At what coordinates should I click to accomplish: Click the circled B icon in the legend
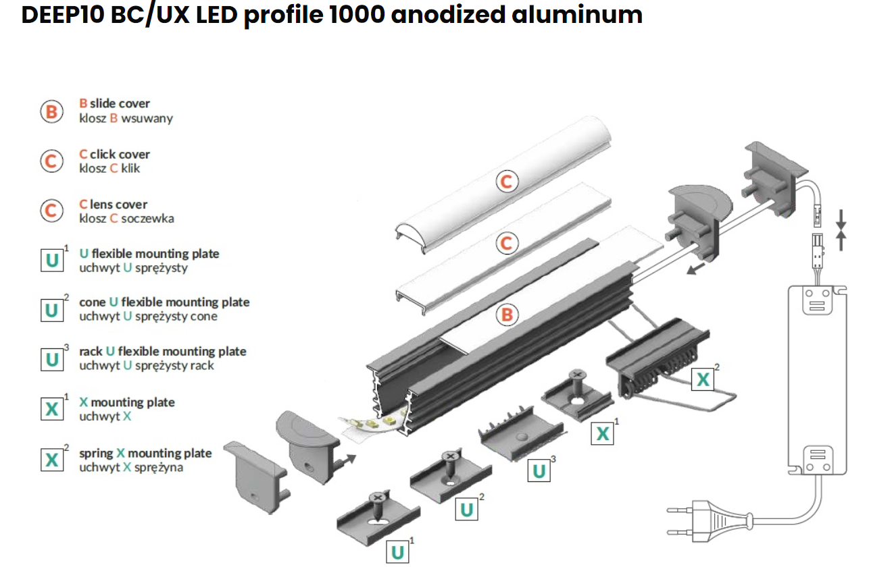51,111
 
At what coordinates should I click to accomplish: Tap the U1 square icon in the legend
51,261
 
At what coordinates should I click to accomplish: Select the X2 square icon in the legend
51,460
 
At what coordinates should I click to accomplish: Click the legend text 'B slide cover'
114,103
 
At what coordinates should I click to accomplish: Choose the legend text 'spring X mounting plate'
145,453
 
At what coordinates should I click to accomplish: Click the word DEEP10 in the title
60,14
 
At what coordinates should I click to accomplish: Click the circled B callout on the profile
506,315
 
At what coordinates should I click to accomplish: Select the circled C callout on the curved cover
506,181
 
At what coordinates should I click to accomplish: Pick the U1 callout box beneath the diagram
398,552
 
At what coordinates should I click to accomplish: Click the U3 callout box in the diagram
539,470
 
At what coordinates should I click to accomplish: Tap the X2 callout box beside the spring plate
703,379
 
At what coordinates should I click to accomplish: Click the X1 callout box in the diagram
602,433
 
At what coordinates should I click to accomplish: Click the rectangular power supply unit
816,378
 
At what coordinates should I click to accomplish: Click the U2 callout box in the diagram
466,509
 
